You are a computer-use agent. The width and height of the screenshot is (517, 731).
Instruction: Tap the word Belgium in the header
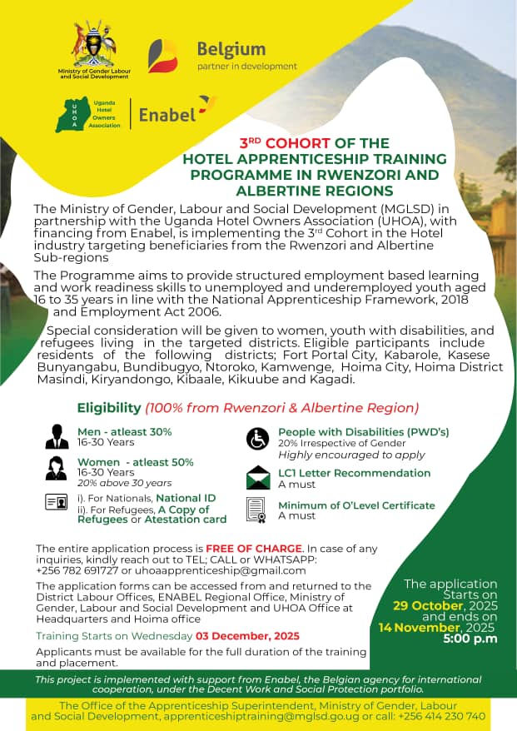[231, 49]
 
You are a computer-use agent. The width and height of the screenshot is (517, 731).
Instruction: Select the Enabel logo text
[167, 113]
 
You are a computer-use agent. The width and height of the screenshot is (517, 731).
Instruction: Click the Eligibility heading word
[109, 408]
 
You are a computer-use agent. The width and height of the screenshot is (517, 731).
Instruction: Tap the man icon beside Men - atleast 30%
[57, 436]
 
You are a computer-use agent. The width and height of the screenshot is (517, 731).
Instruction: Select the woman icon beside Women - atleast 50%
[57, 468]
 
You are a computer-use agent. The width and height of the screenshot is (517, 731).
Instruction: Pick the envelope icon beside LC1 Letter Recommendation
[258, 477]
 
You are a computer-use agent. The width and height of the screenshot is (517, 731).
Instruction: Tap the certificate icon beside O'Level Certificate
[257, 510]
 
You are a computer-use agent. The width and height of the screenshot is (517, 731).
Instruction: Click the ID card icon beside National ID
[57, 502]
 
